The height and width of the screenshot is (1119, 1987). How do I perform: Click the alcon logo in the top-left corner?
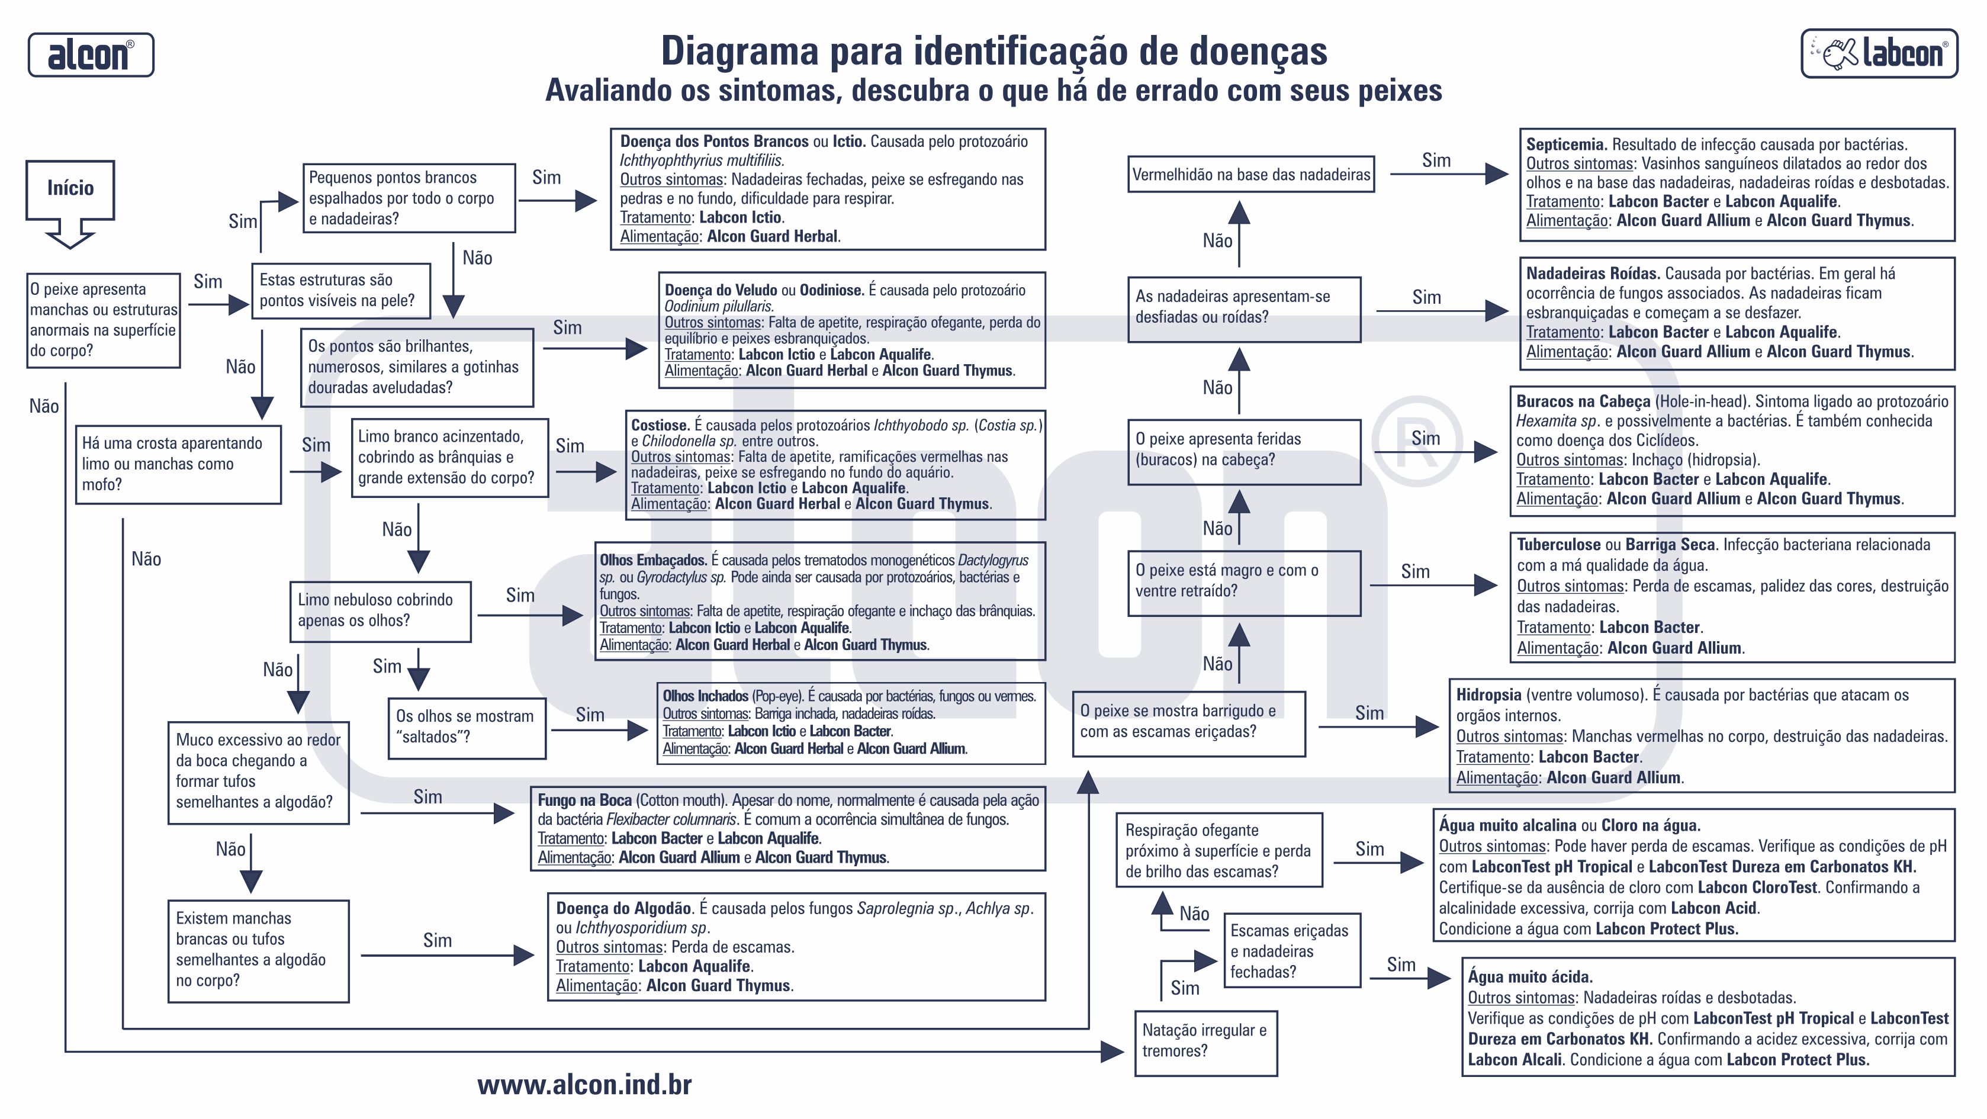[x=91, y=54]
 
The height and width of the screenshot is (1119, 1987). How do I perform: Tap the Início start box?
[x=70, y=189]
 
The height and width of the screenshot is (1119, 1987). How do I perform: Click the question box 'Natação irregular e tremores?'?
[x=1205, y=1041]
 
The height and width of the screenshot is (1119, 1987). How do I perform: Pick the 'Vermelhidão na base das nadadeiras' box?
[x=1250, y=174]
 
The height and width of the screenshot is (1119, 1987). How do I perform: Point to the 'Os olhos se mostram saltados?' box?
[x=466, y=727]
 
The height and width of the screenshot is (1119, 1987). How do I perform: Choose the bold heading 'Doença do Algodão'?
[x=624, y=908]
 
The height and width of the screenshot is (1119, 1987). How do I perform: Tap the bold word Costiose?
[x=660, y=425]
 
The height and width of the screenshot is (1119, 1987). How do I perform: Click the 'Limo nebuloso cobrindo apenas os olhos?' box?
[x=380, y=611]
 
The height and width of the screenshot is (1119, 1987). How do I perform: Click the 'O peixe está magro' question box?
[x=1243, y=581]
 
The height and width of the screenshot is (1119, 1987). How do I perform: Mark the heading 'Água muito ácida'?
[x=1529, y=976]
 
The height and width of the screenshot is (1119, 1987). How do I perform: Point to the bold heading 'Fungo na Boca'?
[x=584, y=800]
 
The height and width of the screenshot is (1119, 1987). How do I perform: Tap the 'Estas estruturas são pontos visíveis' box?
[x=340, y=290]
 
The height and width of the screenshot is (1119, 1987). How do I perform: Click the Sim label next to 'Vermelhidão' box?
[x=1436, y=160]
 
